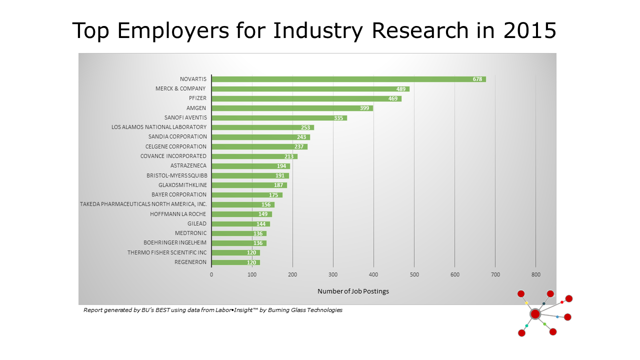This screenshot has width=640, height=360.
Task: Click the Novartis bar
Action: (348, 79)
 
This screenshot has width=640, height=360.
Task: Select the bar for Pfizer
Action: (306, 98)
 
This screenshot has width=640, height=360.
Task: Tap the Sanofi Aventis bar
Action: (279, 118)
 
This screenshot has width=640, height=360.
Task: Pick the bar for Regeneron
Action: (235, 262)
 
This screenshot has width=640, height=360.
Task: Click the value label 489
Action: (401, 89)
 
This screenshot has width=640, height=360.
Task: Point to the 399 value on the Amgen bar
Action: (364, 108)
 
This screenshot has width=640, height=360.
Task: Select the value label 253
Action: (305, 127)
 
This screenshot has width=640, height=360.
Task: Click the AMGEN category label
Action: (196, 108)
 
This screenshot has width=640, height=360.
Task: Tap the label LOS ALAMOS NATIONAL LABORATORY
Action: (159, 127)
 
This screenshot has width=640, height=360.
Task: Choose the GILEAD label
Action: (197, 223)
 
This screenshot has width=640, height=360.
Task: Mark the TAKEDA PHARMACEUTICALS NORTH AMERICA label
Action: (143, 204)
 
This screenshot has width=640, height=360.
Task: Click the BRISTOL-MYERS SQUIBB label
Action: (176, 175)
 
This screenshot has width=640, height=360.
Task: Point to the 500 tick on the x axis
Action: (414, 274)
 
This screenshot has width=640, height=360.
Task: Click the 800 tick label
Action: (535, 274)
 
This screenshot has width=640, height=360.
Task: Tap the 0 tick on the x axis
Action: (211, 274)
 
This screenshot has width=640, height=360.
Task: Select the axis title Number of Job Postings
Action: (353, 291)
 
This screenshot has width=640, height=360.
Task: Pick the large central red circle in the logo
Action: (535, 314)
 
